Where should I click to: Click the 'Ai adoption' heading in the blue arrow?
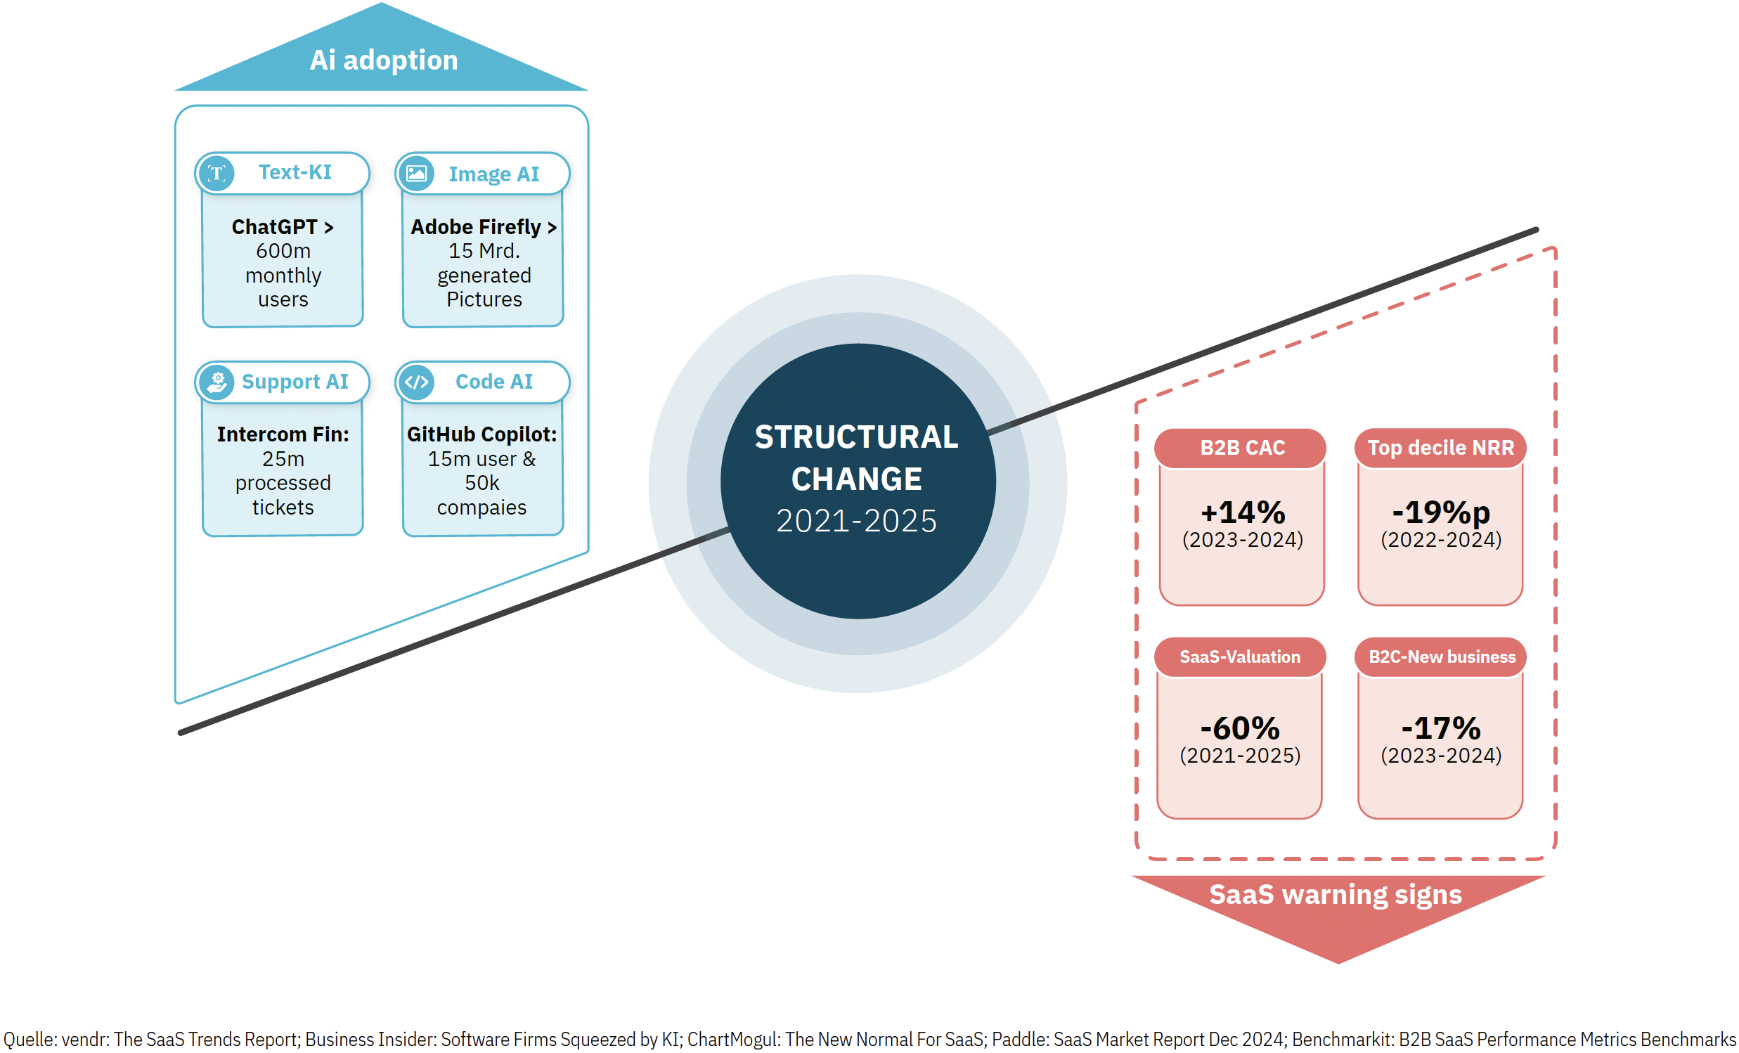[383, 60]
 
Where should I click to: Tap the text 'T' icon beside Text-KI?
[216, 173]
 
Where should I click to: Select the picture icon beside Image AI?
[416, 173]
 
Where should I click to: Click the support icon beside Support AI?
[216, 382]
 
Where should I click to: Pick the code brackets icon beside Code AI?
[416, 382]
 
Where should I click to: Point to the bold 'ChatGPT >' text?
[283, 226]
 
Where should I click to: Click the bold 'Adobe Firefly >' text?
[484, 226]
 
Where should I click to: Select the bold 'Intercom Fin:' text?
[283, 434]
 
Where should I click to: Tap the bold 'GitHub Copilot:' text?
[482, 434]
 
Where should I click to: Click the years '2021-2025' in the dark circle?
[856, 521]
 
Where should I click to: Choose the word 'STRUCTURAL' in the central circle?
[856, 437]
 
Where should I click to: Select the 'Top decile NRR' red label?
[1440, 448]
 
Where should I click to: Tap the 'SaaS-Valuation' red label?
[1240, 657]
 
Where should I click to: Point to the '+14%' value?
[1243, 512]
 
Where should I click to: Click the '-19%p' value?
[1440, 513]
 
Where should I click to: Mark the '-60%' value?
[1240, 728]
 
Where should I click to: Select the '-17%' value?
[1440, 728]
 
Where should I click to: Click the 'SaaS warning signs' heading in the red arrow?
[1336, 895]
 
